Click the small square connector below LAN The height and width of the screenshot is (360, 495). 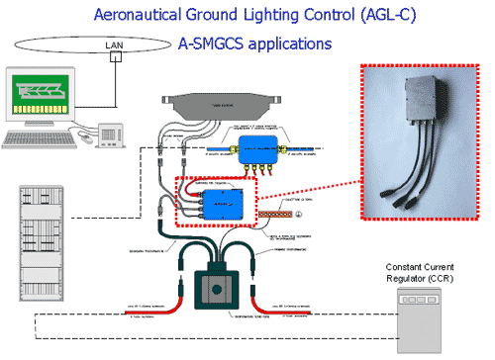tap(116, 57)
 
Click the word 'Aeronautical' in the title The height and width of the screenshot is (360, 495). tap(134, 15)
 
